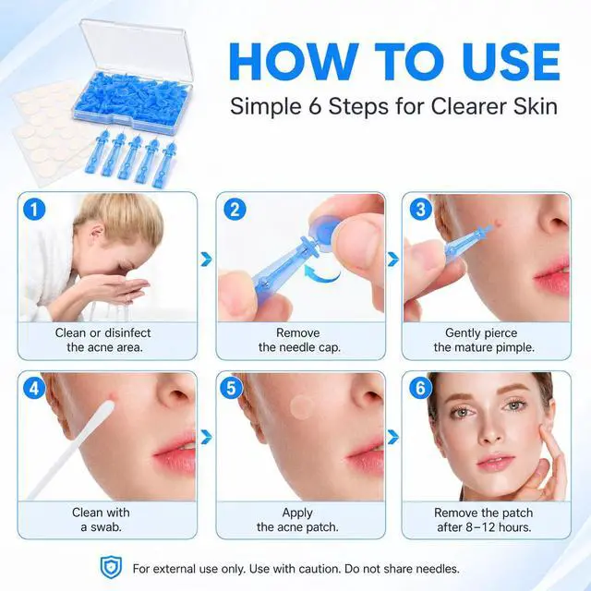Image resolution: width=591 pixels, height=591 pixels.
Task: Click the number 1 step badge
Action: tap(34, 210)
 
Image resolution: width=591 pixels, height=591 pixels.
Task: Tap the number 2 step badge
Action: tap(235, 210)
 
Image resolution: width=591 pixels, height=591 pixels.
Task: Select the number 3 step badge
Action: tap(421, 210)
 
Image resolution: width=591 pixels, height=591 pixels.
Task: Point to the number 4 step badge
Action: tap(34, 388)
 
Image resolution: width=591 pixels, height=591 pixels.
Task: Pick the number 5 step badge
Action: tap(231, 388)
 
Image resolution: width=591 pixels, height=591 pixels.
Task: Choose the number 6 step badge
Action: tap(420, 388)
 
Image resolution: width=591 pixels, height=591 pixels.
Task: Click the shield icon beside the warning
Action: tap(111, 567)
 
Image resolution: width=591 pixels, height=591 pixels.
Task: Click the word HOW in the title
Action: tap(294, 62)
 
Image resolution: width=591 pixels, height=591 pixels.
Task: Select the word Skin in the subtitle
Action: tap(536, 106)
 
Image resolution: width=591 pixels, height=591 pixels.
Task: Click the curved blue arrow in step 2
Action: tap(321, 272)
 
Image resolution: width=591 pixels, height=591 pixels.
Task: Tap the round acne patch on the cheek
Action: tap(302, 407)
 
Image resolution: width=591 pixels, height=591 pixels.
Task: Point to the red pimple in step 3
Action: tap(498, 223)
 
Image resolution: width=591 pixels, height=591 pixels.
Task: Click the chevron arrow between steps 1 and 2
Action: tap(206, 259)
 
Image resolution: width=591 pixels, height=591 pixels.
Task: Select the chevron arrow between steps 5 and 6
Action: tap(393, 437)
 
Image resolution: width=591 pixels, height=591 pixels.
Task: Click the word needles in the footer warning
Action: tap(438, 569)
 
